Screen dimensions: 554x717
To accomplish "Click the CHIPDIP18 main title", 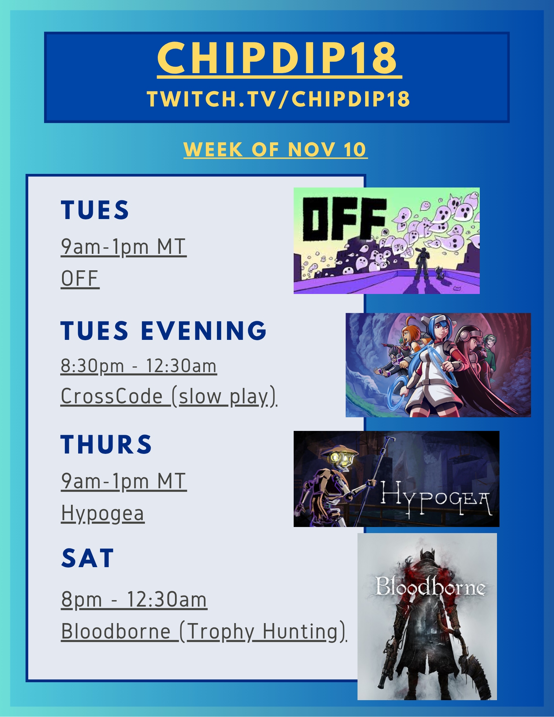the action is click(277, 57).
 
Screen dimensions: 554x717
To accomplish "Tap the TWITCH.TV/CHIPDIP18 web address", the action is click(278, 99).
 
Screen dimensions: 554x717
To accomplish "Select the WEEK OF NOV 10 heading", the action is click(275, 149).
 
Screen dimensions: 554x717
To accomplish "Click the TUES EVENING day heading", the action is click(164, 330).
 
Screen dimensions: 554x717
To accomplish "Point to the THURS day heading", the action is click(106, 444).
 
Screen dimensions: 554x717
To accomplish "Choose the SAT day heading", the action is click(87, 558).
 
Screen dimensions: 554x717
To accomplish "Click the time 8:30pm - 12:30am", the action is click(139, 366).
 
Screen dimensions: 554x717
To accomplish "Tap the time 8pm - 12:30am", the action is click(134, 599).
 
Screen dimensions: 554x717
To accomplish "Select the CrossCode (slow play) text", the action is click(169, 397).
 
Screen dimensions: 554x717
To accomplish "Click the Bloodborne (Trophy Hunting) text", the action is click(204, 631).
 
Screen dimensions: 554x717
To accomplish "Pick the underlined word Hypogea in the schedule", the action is click(103, 513).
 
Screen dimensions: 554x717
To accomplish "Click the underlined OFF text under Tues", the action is click(80, 279).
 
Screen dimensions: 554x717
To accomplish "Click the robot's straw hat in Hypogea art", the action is click(339, 450).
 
